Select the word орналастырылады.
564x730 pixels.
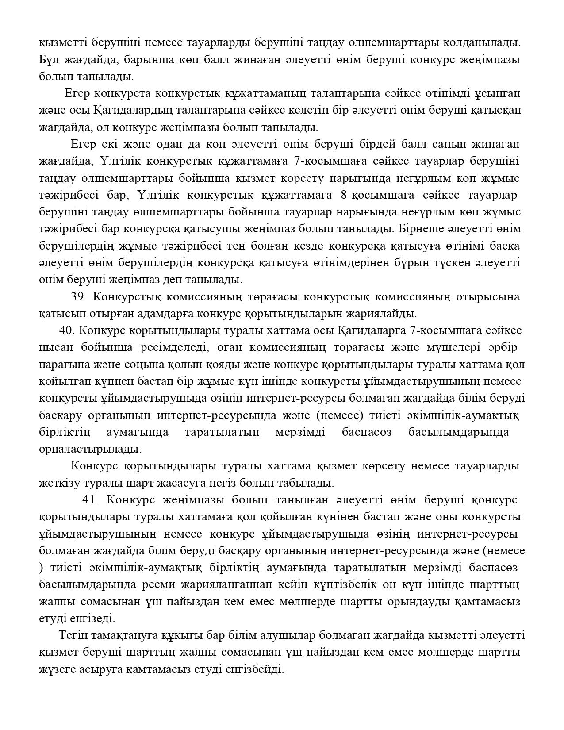pyautogui.click(x=90, y=449)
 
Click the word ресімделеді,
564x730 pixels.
pyautogui.click(x=175, y=347)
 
